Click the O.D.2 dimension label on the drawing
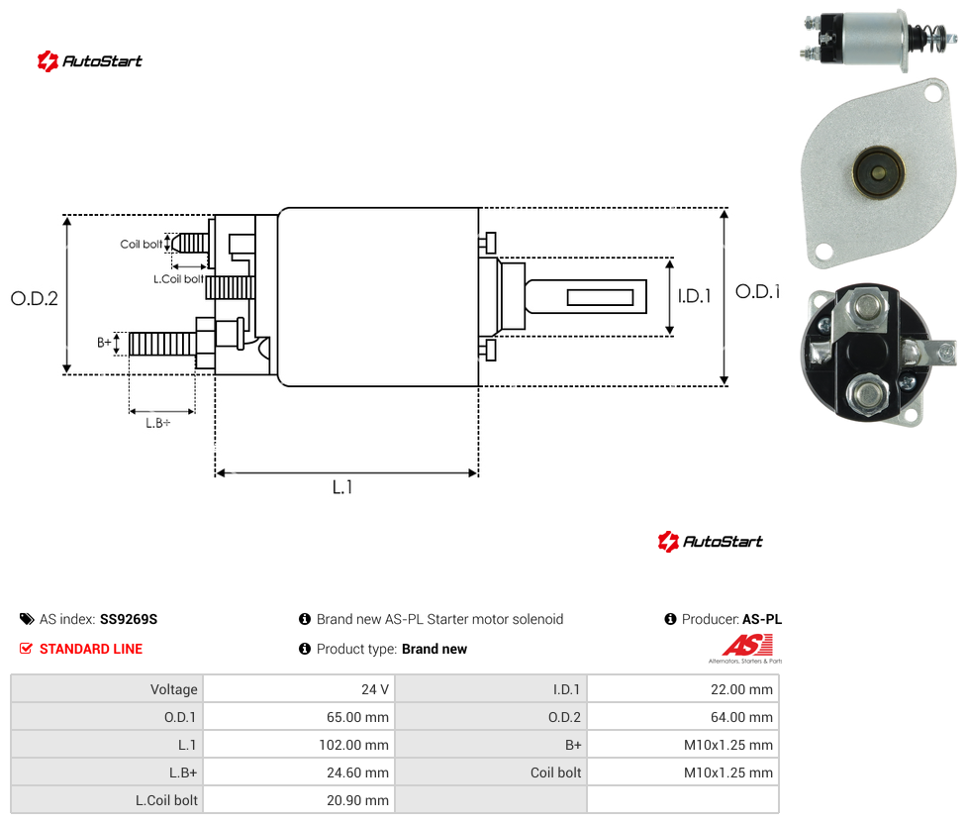[35, 298]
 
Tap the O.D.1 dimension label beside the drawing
[757, 291]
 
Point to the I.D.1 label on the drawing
[695, 296]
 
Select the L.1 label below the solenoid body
[342, 487]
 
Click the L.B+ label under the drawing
[158, 423]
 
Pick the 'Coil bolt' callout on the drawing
[142, 244]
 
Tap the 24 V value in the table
[374, 689]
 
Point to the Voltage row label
[174, 689]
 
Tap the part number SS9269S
[129, 619]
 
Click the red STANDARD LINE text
[91, 649]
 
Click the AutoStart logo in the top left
[90, 60]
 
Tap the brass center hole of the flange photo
[879, 172]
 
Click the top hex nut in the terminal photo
[868, 306]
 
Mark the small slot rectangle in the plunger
[600, 297]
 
